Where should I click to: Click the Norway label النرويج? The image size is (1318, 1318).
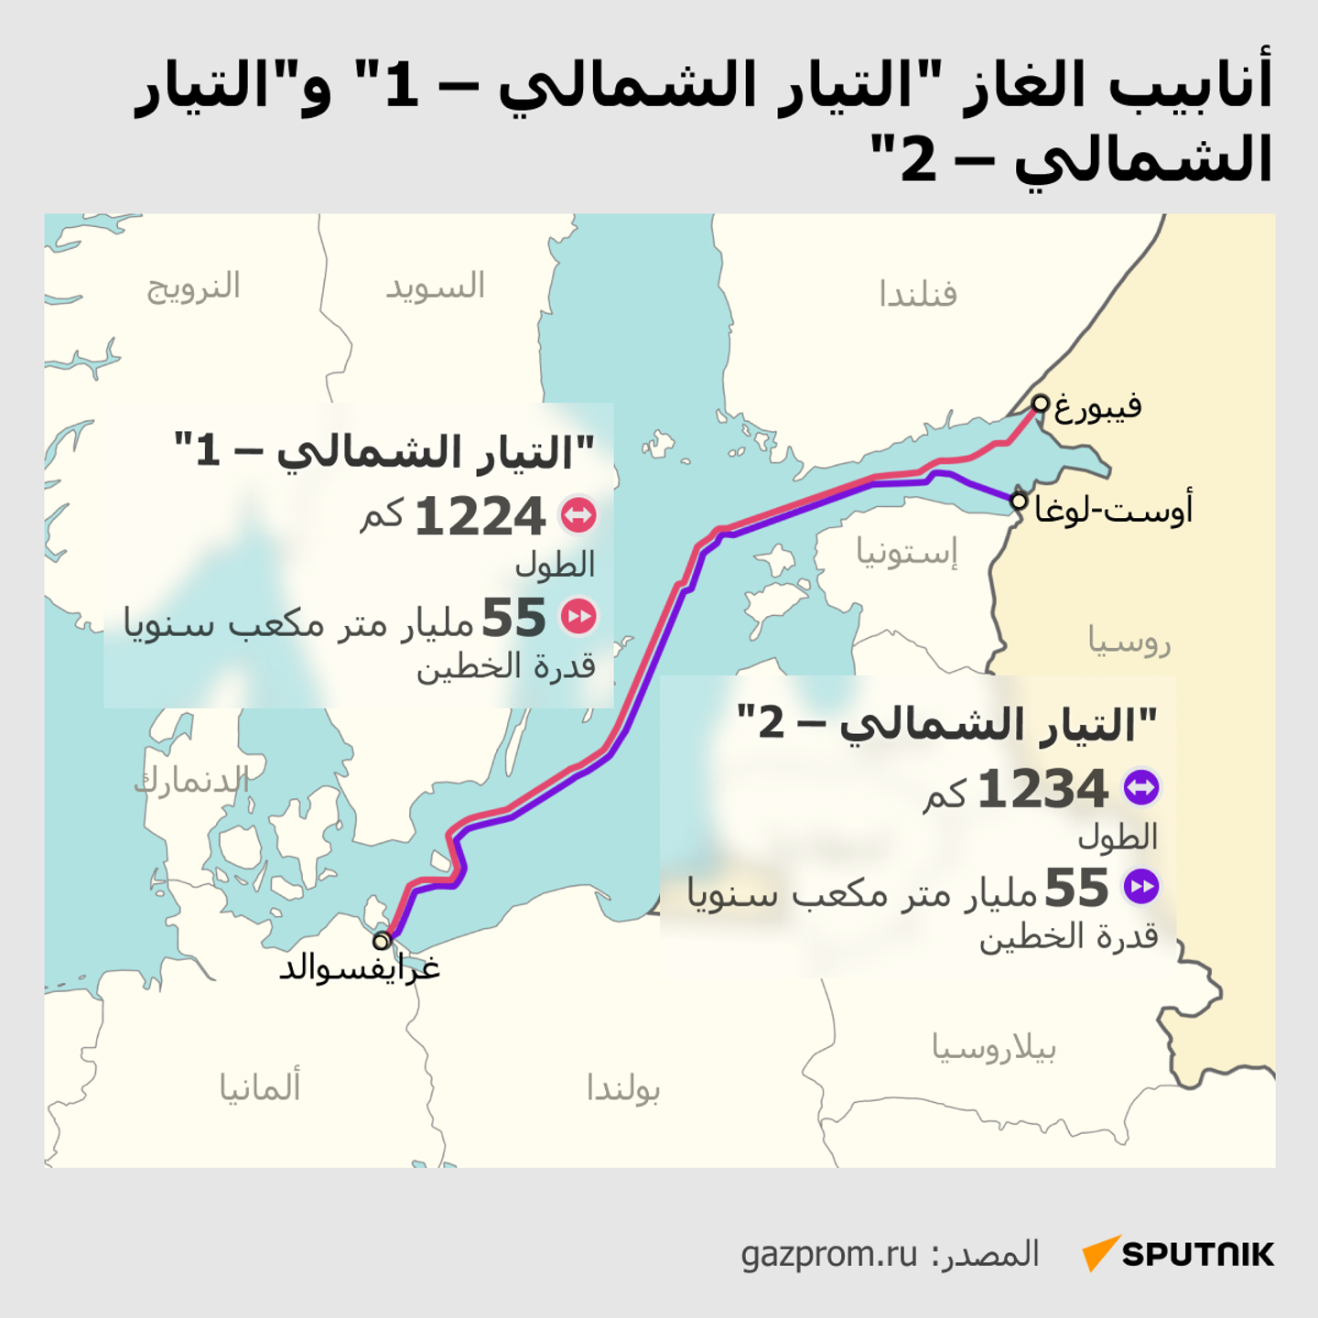click(x=193, y=286)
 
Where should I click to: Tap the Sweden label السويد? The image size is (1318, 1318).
click(x=435, y=286)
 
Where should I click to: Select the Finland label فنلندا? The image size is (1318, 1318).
click(x=917, y=295)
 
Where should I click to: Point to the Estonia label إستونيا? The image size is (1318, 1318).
click(x=906, y=552)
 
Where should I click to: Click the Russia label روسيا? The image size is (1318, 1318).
click(x=1129, y=641)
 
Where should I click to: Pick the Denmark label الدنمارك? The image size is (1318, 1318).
click(x=192, y=782)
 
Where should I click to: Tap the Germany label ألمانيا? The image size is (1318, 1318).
click(x=260, y=1086)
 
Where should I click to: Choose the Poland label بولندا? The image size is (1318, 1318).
click(x=623, y=1088)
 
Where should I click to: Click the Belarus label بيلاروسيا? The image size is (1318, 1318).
click(x=994, y=1047)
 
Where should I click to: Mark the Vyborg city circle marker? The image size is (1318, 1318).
click(x=1041, y=403)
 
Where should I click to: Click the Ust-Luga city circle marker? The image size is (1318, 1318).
click(x=1019, y=501)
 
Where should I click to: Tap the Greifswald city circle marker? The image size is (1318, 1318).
click(x=382, y=940)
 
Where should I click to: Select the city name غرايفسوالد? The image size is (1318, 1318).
click(x=360, y=968)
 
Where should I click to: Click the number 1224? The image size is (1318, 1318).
click(x=481, y=517)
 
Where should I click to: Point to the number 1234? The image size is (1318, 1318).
click(x=1043, y=789)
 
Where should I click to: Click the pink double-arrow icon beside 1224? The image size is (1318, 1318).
click(x=578, y=515)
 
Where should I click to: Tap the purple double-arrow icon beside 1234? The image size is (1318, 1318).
click(x=1141, y=787)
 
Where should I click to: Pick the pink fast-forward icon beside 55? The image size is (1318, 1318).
click(x=578, y=616)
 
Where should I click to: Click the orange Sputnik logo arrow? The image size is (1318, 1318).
click(x=1100, y=1252)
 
